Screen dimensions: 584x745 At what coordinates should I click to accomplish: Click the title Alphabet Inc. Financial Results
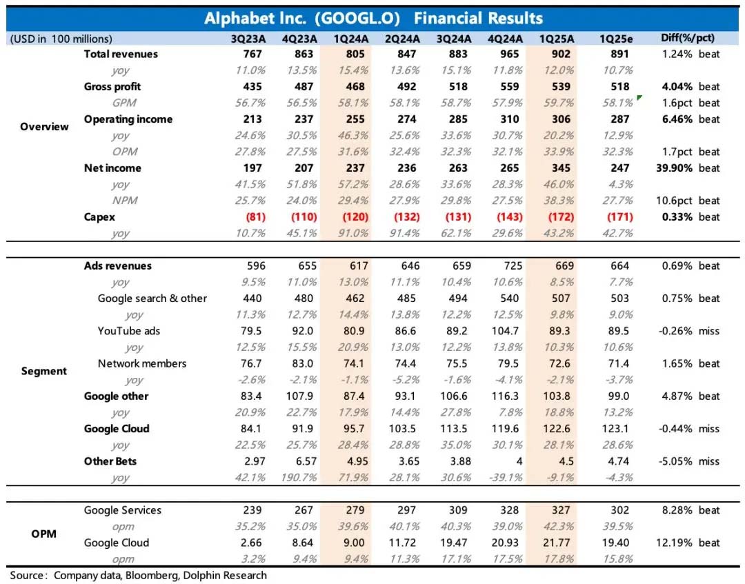click(x=373, y=18)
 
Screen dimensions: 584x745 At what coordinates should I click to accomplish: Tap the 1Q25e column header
click(x=619, y=39)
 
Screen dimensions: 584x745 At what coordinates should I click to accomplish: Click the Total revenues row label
click(x=121, y=54)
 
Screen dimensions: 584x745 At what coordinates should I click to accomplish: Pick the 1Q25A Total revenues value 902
click(x=562, y=54)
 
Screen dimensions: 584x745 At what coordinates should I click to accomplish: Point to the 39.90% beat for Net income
click(x=689, y=168)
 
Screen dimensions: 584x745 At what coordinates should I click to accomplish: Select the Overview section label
click(x=44, y=127)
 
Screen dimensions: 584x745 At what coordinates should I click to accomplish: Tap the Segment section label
click(x=44, y=372)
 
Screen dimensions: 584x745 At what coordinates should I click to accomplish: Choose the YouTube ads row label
click(x=129, y=331)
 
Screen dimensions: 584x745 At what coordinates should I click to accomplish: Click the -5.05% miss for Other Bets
click(x=689, y=461)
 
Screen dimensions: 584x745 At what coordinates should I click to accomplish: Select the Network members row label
click(x=142, y=363)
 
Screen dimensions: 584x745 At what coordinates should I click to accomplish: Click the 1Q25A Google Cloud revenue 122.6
click(x=562, y=429)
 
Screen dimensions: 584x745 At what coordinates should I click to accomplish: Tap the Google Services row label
click(x=123, y=510)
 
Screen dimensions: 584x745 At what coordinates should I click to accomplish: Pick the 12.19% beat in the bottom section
click(x=689, y=543)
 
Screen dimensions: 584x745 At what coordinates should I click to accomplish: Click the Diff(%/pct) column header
click(x=688, y=39)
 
